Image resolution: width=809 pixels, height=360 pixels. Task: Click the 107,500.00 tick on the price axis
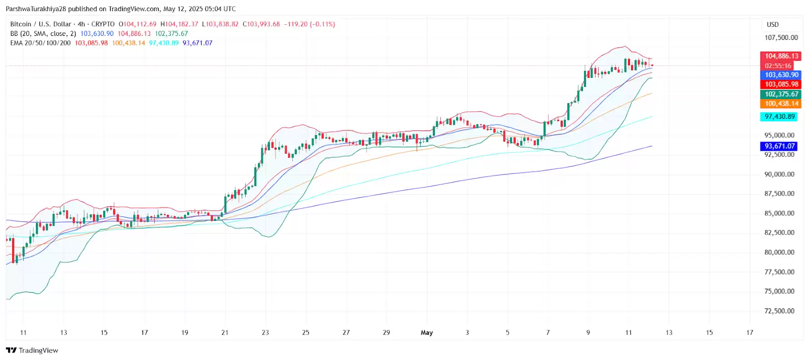click(x=781, y=37)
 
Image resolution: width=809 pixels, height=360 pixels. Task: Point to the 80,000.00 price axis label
click(x=779, y=252)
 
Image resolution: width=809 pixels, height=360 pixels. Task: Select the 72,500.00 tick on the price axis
click(x=779, y=311)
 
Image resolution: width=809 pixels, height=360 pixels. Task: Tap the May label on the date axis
click(x=427, y=333)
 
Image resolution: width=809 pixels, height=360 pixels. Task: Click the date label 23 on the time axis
click(x=265, y=333)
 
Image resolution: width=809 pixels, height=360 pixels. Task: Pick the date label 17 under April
click(x=145, y=333)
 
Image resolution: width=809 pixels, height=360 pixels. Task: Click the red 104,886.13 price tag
click(x=781, y=56)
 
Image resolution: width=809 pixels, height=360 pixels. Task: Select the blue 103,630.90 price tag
click(x=781, y=75)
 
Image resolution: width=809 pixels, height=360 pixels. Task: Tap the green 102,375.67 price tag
click(x=781, y=94)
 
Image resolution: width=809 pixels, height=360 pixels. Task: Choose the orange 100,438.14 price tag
click(x=781, y=104)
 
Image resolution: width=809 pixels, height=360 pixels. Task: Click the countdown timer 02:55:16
click(x=778, y=66)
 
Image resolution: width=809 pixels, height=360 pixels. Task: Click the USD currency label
click(x=773, y=24)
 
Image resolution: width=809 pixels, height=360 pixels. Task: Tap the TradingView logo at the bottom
click(x=32, y=350)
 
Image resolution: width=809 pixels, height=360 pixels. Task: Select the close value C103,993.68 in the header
click(x=261, y=24)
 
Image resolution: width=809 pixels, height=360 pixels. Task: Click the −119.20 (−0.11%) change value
click(x=309, y=24)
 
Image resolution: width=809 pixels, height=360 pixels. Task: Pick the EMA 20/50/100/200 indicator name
click(x=40, y=43)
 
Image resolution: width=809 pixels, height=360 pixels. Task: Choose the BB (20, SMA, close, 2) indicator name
click(x=43, y=33)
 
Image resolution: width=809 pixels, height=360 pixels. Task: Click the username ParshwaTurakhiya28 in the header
click(x=36, y=9)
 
